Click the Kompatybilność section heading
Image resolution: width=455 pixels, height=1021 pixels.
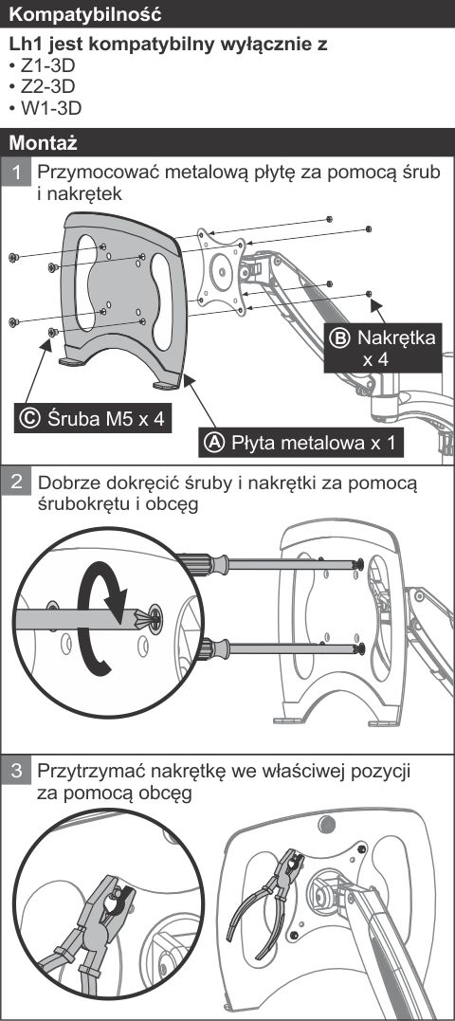click(85, 13)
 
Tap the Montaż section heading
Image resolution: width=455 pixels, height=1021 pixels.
click(43, 142)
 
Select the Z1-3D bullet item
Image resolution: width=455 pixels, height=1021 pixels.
click(43, 65)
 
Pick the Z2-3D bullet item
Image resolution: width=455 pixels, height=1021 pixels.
click(43, 86)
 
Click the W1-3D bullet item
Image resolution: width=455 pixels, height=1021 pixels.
click(45, 107)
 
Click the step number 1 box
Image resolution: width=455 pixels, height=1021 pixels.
click(19, 173)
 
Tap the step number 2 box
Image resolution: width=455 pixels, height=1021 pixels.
click(19, 483)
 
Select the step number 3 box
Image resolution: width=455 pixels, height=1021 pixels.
click(19, 773)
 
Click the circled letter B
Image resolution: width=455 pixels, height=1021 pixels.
click(339, 337)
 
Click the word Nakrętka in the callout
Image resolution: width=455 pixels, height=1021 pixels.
click(396, 337)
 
